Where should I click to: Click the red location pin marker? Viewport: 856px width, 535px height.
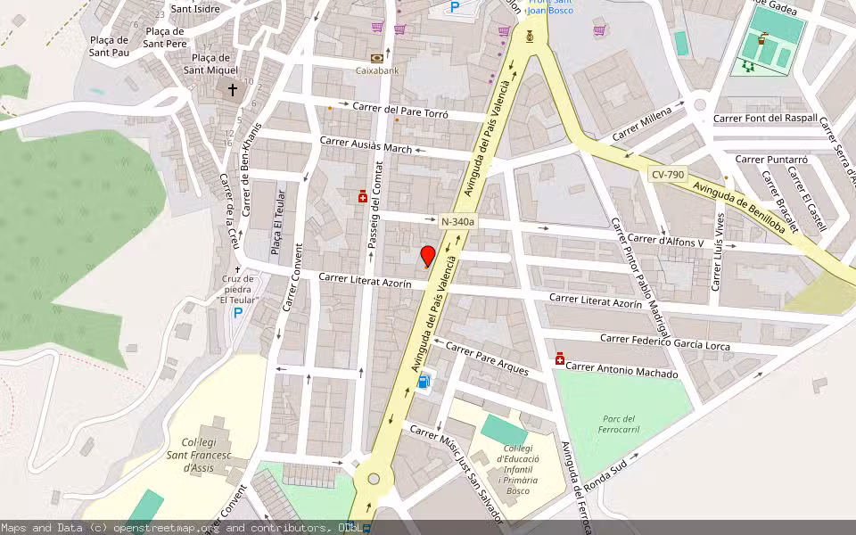pos(428,256)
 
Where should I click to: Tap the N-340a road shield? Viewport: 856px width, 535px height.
pos(459,220)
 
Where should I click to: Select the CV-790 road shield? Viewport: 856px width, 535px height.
pos(667,177)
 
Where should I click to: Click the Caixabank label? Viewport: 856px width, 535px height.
pos(376,70)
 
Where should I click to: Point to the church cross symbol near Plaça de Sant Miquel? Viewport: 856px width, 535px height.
pos(233,90)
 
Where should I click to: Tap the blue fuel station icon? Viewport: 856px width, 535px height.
pos(424,382)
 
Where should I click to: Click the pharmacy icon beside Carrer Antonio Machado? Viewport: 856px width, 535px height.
pos(560,358)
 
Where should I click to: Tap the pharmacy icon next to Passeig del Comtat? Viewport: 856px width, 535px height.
pos(362,196)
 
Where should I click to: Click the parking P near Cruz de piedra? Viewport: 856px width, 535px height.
pos(237,313)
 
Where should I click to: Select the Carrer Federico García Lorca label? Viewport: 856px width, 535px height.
pos(664,342)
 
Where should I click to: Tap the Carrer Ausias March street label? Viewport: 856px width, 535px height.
pos(366,144)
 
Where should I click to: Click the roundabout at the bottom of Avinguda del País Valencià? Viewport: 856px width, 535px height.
pos(374,479)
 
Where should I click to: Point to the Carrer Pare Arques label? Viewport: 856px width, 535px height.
pos(488,357)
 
